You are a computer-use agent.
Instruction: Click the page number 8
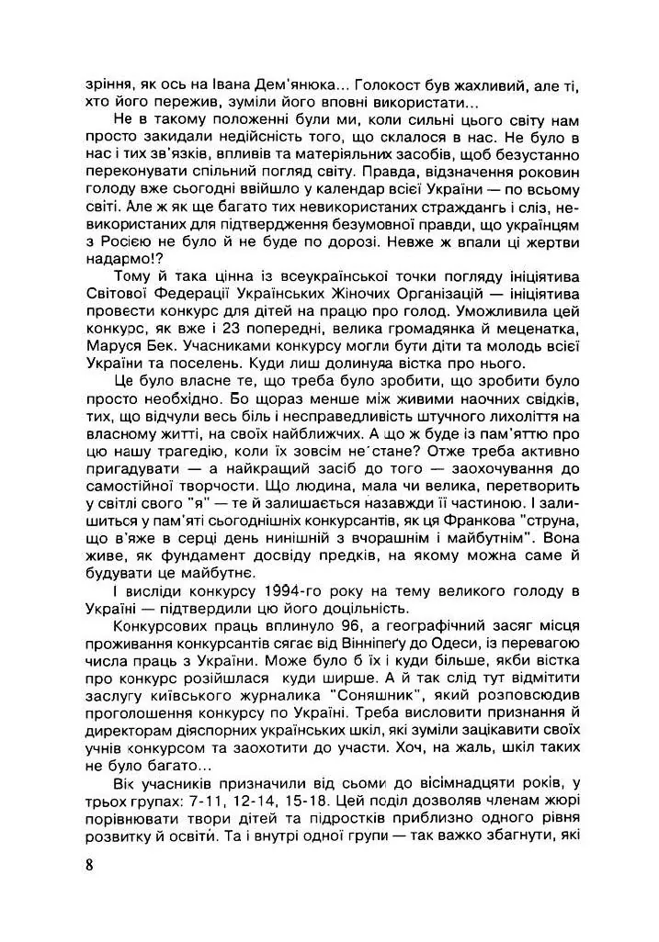[86, 864]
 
